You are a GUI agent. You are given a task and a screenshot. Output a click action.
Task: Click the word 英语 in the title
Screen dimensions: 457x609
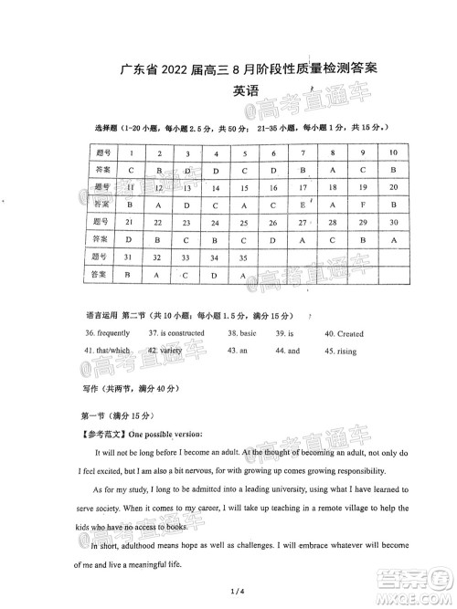point(246,91)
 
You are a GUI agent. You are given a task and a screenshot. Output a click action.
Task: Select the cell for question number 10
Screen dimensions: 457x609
point(393,152)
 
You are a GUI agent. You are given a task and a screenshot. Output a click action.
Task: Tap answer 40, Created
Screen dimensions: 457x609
point(345,334)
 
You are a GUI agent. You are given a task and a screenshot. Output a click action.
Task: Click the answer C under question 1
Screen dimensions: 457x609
point(132,170)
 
